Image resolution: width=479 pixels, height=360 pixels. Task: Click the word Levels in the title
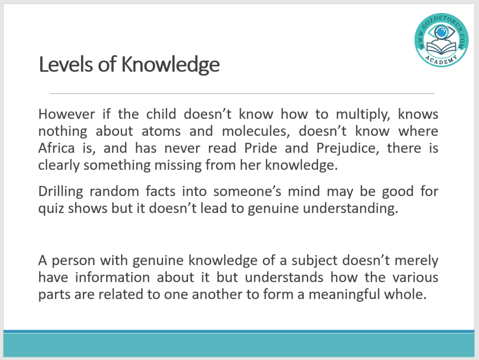click(65, 65)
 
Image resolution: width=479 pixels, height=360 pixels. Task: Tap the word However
click(66, 114)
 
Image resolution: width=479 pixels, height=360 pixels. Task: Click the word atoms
click(161, 132)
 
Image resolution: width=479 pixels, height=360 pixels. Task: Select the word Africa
click(56, 148)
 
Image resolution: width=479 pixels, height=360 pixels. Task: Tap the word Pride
click(261, 148)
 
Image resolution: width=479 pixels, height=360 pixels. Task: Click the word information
click(112, 278)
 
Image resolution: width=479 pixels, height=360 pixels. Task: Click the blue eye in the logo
click(441, 31)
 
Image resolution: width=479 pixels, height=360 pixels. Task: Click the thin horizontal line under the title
click(242, 93)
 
